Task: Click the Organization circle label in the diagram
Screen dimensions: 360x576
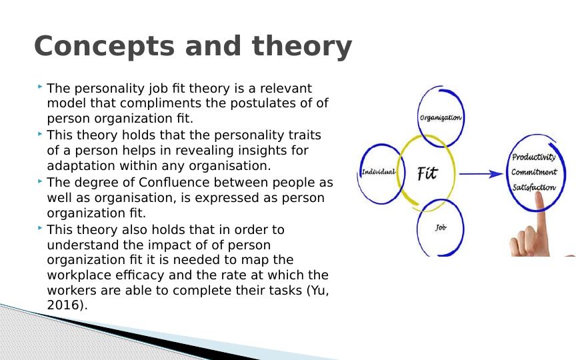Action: click(x=440, y=117)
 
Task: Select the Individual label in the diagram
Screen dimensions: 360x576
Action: click(x=378, y=171)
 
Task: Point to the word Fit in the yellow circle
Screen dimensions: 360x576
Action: click(x=427, y=173)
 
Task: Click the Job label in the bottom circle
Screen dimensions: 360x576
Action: click(x=441, y=228)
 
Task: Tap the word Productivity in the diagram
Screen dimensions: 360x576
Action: click(x=533, y=157)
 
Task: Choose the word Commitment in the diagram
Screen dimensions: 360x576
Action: click(x=533, y=172)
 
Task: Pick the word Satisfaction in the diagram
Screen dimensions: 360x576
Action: click(x=533, y=187)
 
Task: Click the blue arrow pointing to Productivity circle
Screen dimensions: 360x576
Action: click(x=481, y=174)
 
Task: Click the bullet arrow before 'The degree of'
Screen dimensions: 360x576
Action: click(x=41, y=181)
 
